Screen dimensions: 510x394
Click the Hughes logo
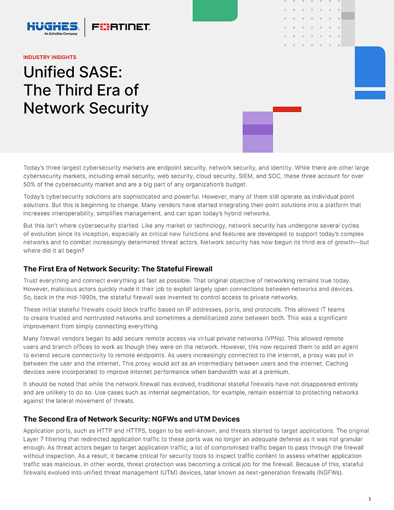52,27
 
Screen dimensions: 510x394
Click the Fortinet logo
121,27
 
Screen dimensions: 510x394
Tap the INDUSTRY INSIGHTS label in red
50,57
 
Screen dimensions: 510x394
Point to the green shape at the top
215,10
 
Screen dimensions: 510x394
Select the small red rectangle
287,109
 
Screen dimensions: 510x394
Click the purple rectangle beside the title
258,131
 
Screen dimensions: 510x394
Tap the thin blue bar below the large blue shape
370,95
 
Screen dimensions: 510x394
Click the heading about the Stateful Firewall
118,269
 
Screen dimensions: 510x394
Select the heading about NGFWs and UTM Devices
131,419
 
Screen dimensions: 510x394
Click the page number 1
370,499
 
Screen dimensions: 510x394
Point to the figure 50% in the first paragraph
30,184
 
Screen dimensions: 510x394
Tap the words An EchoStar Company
61,34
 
